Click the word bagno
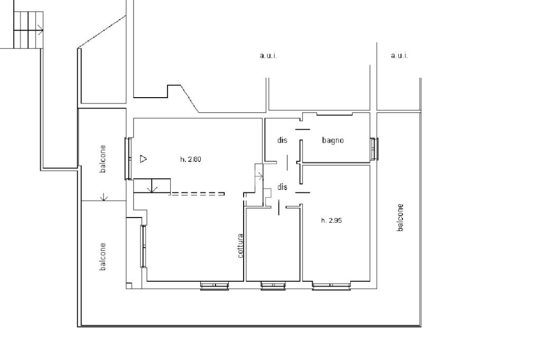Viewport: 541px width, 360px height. tap(333, 140)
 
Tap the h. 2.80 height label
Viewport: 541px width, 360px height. tap(190, 159)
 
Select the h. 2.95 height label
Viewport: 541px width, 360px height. tap(332, 220)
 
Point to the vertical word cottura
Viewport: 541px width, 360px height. tap(240, 246)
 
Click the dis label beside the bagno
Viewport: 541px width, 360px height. tap(282, 140)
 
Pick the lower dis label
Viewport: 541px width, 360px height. tap(282, 187)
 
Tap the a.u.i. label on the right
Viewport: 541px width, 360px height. tap(399, 55)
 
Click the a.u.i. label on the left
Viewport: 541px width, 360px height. tap(268, 55)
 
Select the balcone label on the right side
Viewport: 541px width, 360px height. tap(400, 217)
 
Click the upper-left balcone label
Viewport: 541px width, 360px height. tap(103, 158)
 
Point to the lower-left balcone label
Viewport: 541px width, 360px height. tap(103, 257)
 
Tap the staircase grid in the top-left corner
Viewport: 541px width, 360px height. tap(29, 30)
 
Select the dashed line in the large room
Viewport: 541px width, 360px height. tap(197, 194)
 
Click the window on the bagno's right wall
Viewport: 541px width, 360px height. tap(375, 149)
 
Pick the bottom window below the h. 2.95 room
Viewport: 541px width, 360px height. tap(331, 286)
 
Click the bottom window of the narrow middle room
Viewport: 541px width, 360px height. tap(273, 286)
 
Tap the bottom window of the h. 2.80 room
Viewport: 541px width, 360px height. tap(214, 286)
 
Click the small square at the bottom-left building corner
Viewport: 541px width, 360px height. tap(129, 286)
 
